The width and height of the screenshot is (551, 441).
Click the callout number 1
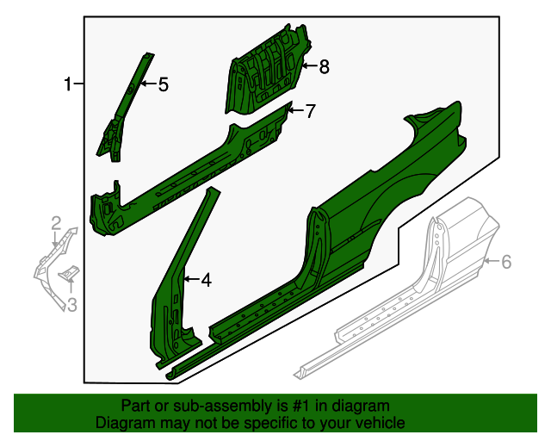pos(66,84)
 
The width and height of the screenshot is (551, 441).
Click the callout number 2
pos(56,224)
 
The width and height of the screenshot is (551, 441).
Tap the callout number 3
pos(72,303)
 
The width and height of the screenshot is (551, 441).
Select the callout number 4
pos(206,280)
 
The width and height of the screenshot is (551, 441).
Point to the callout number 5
pos(162,84)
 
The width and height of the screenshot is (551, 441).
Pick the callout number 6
pos(506,261)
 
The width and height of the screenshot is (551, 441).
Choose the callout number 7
pos(311,110)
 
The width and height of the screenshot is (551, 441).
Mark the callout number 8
pos(324,67)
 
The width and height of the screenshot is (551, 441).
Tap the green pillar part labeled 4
pos(176,284)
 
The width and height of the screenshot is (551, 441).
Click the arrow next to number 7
pos(294,109)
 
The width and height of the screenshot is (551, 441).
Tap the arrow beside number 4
pos(190,280)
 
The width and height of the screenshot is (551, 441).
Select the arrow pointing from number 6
pos(492,260)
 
